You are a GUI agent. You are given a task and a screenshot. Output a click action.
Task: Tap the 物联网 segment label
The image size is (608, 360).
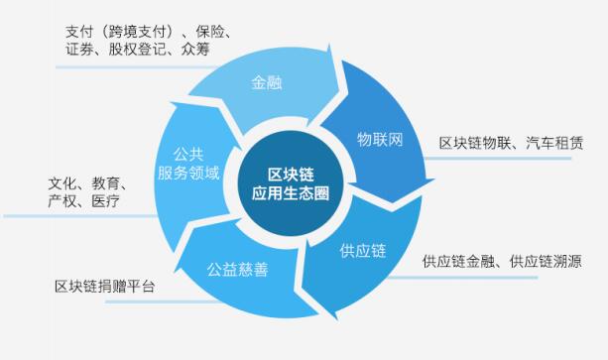pos(380,138)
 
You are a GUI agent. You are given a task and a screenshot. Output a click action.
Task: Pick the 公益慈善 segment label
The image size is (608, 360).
pos(238,269)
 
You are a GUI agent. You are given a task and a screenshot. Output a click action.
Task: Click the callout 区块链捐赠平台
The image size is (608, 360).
pos(105,288)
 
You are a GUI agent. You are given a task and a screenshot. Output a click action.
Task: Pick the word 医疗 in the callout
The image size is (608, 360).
pos(104,201)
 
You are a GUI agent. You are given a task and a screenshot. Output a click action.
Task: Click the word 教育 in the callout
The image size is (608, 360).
pos(107,183)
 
